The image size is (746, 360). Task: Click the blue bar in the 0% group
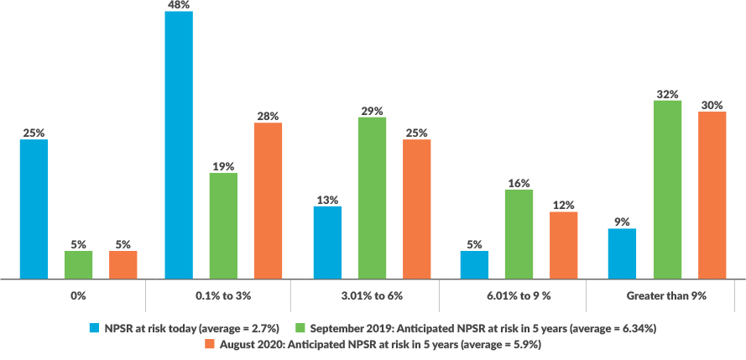(x=34, y=208)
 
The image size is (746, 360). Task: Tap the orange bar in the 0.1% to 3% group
(x=268, y=200)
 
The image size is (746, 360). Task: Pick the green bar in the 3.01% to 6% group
(x=372, y=197)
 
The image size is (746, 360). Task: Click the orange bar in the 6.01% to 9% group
(x=563, y=244)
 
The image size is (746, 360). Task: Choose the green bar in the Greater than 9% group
(x=667, y=189)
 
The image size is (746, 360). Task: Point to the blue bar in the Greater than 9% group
(x=622, y=253)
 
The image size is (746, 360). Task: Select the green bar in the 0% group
(x=78, y=264)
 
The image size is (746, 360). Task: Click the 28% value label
(x=268, y=116)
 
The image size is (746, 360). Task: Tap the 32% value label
(x=667, y=94)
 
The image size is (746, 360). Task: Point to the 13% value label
(x=327, y=200)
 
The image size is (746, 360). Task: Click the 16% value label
(x=519, y=183)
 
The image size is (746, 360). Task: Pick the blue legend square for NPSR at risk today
(x=94, y=327)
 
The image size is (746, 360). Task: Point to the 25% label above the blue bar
(x=34, y=133)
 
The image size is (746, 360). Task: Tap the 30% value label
(x=712, y=105)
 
